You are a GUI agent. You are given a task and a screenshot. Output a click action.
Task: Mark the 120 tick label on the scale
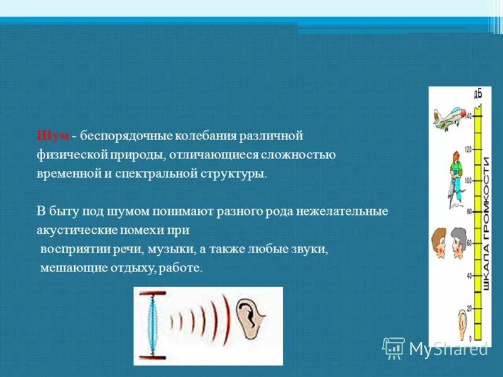pyautogui.click(x=468, y=149)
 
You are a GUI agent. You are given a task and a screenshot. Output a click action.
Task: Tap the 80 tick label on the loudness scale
pyautogui.click(x=468, y=211)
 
